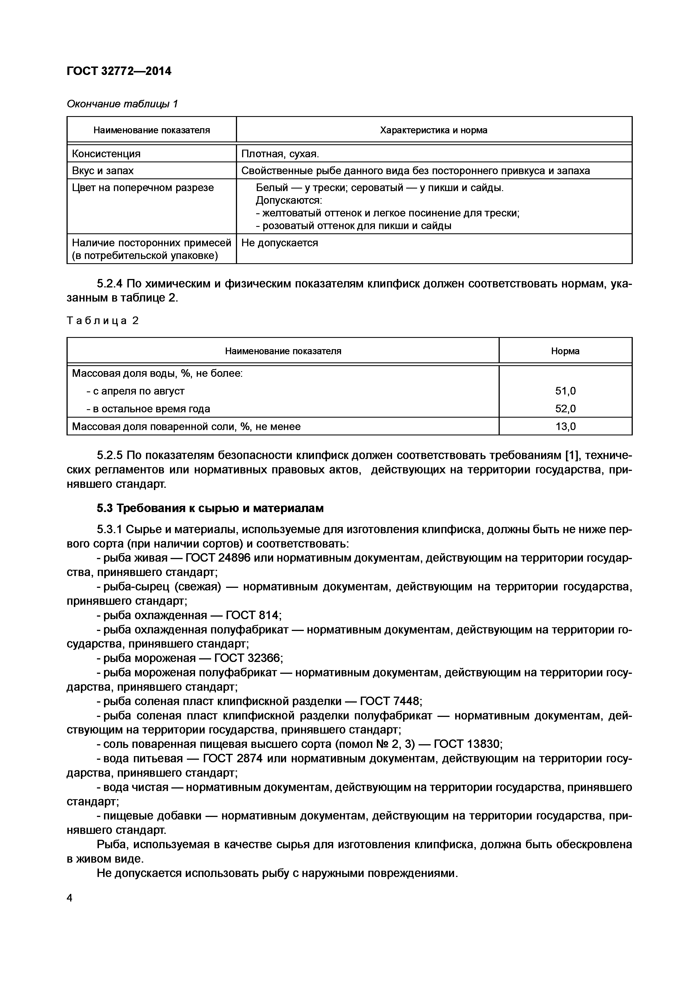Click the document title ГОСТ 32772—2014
[119, 71]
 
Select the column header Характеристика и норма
[433, 130]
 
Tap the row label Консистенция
[106, 154]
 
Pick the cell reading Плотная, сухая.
[280, 154]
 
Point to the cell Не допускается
[279, 243]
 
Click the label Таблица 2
[102, 321]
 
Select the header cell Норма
[565, 351]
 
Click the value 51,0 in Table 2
[565, 391]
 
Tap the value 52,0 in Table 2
[565, 408]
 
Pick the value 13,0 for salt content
[565, 426]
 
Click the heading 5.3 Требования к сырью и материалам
[210, 508]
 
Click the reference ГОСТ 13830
[467, 744]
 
